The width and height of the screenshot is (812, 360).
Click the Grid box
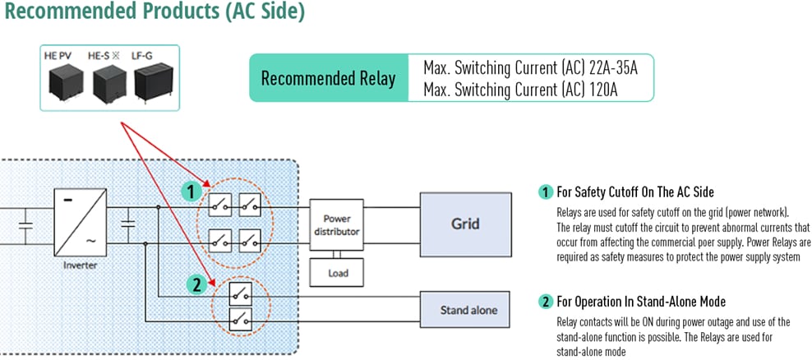[x=465, y=223]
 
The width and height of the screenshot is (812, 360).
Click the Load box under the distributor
[x=337, y=273]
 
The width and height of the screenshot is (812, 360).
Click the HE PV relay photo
[x=63, y=81]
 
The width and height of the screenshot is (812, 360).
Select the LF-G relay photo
[x=151, y=81]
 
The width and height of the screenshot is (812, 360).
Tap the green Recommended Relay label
[x=328, y=79]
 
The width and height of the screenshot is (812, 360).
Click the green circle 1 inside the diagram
[x=191, y=192]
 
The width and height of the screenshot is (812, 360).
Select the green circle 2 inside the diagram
[x=196, y=286]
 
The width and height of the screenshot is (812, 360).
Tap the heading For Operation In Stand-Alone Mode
[x=640, y=302]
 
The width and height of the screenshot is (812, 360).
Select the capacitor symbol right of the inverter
[x=128, y=223]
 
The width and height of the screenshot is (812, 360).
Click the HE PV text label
[x=59, y=55]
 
